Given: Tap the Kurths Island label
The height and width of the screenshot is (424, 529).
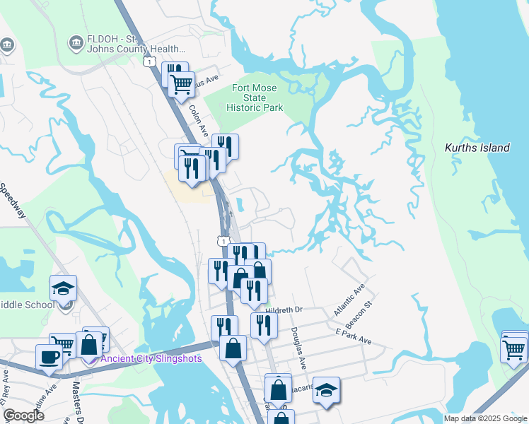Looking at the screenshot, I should point(477,148).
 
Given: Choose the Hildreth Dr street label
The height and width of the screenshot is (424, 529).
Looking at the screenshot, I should point(284,310).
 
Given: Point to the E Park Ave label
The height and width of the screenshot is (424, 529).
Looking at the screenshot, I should point(354,341).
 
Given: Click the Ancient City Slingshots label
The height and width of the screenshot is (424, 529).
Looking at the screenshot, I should point(151,358).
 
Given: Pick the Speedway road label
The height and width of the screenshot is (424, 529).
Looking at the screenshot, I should point(12,201).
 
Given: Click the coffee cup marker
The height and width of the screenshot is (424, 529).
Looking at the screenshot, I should point(49,357).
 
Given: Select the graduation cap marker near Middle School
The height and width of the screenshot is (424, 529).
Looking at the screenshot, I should point(64,288).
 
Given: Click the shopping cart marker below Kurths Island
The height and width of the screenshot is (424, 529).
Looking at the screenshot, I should point(514,348).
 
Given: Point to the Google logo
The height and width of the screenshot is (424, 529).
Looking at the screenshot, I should point(23,416).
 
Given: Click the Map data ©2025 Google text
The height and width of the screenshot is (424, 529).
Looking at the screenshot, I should point(486,418).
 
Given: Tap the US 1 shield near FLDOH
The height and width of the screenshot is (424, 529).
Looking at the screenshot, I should point(149,61).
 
